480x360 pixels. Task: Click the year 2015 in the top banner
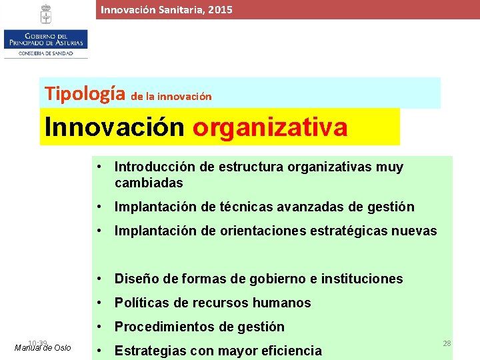tap(221, 10)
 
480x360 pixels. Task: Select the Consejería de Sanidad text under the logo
tap(45, 53)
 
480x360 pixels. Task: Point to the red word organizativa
tap(270, 127)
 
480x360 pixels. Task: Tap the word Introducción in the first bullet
tap(153, 167)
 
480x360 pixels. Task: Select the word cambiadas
tap(149, 183)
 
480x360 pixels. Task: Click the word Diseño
tap(137, 279)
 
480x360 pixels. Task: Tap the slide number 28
tap(447, 343)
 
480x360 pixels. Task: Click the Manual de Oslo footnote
tap(43, 347)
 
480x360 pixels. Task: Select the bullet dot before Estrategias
tap(99, 351)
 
